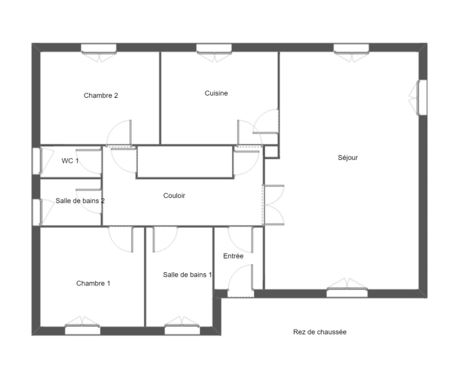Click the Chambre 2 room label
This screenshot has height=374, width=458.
tap(101, 96)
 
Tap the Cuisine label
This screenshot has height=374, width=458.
tap(216, 93)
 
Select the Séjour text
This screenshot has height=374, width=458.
tap(348, 158)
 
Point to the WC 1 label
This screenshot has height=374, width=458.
tap(70, 161)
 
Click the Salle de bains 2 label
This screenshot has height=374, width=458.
tap(80, 201)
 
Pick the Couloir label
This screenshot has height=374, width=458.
tap(174, 196)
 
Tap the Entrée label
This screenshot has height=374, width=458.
tap(233, 256)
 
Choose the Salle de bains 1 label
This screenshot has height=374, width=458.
tap(187, 275)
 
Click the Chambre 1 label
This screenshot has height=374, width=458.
tap(93, 284)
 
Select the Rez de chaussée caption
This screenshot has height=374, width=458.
tap(320, 332)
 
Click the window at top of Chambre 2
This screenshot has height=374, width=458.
tap(99, 48)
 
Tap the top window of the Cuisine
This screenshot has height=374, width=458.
tap(214, 48)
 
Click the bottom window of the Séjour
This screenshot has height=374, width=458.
tap(347, 293)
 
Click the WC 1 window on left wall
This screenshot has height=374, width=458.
tap(36, 161)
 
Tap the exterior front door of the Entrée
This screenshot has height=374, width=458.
tap(241, 293)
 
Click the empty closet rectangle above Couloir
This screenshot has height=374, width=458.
tap(184, 162)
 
